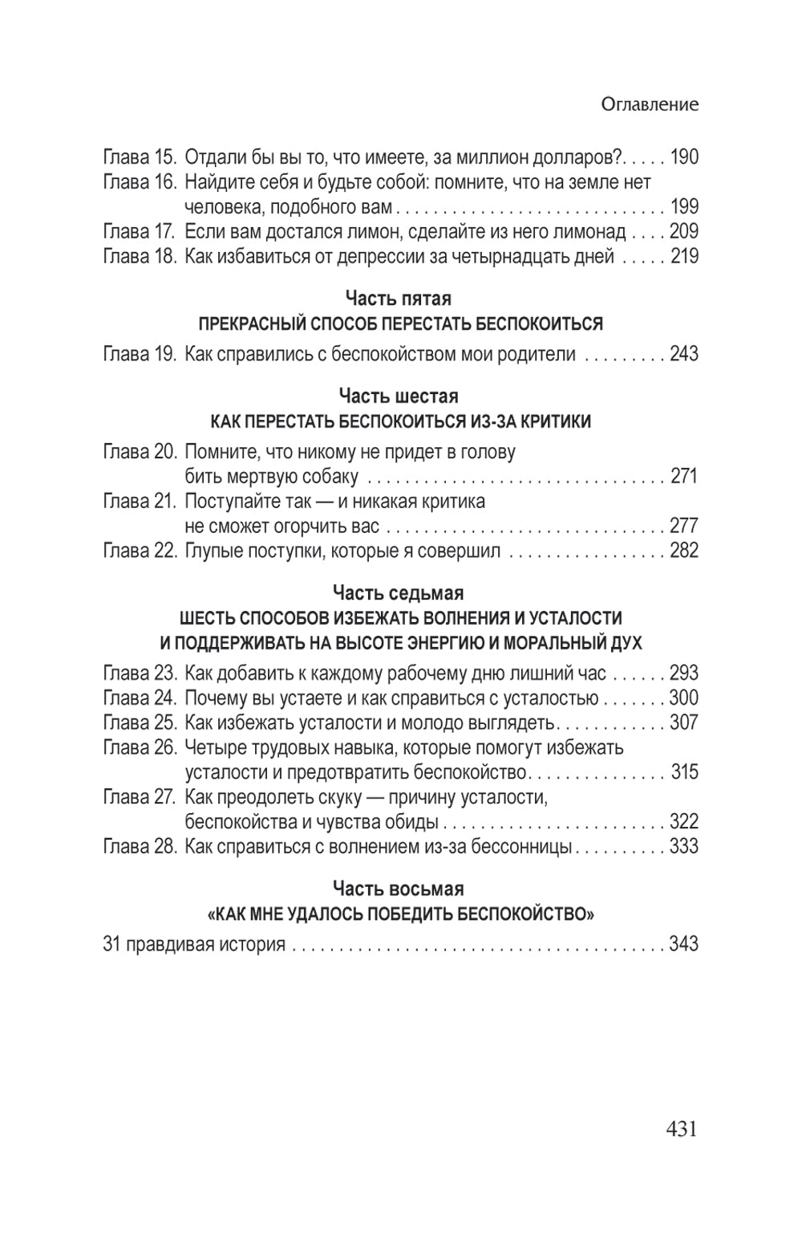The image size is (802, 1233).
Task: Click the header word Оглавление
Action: pos(650,104)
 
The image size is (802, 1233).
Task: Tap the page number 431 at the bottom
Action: pos(681,1129)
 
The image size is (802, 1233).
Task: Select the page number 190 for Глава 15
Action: pos(684,157)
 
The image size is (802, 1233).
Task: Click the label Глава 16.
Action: pos(140,181)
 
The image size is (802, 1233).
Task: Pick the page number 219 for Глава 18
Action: pos(684,256)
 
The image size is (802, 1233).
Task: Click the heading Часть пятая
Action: pos(399,299)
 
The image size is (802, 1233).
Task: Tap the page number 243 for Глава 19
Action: pos(684,353)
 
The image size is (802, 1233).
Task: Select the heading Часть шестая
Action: pos(399,397)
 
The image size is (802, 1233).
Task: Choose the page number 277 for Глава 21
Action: pos(684,526)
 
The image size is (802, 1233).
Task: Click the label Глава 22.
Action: pos(140,551)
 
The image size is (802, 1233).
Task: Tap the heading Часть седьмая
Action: pos(399,593)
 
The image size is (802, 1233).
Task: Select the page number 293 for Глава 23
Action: pos(684,673)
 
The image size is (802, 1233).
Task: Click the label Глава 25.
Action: pos(140,722)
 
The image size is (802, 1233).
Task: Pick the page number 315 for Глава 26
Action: pos(684,772)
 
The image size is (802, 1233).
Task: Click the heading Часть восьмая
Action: pos(399,889)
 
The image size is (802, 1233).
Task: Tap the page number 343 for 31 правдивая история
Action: pos(684,943)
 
